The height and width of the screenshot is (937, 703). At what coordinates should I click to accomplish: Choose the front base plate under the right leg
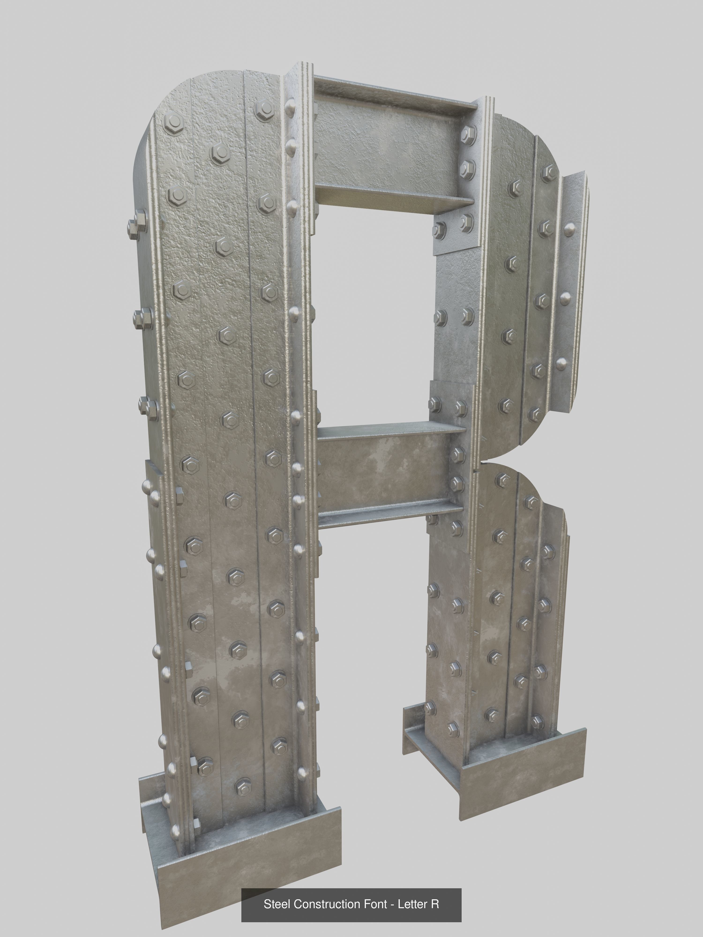[523, 760]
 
